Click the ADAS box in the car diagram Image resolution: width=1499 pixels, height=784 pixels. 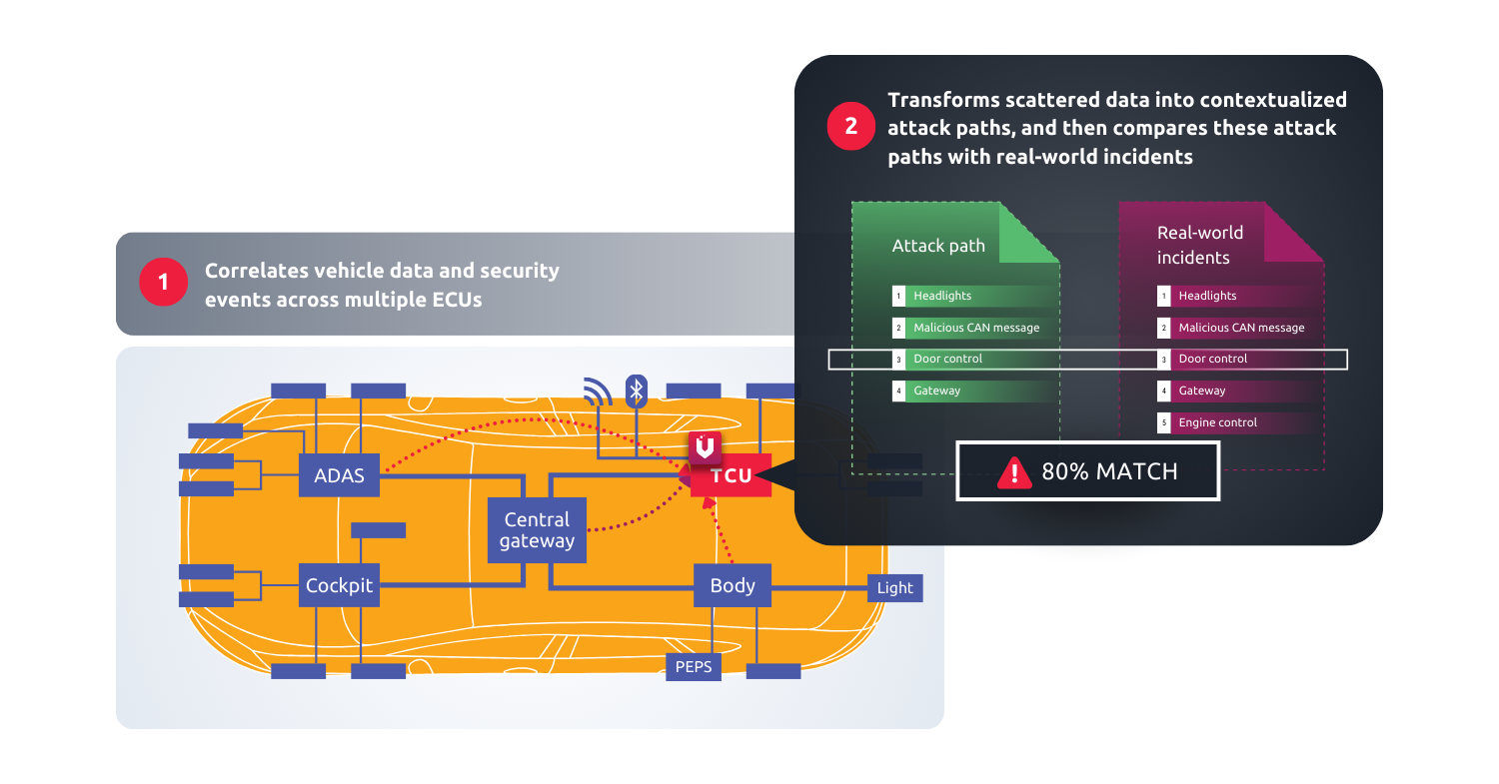[x=339, y=475]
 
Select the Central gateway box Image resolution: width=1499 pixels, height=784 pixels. [x=537, y=530]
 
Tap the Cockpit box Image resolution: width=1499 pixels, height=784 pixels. [x=339, y=585]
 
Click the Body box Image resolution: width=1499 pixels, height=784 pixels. [x=732, y=585]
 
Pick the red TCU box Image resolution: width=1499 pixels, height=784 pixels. [x=732, y=475]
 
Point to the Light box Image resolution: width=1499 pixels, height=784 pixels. [x=894, y=587]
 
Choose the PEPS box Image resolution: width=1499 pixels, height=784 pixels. [x=694, y=666]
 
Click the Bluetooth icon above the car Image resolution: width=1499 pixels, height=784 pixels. [x=636, y=391]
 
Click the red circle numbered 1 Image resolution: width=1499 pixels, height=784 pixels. [x=164, y=283]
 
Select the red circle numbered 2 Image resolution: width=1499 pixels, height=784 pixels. [x=850, y=127]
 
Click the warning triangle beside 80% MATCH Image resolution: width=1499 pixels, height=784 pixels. [x=1015, y=471]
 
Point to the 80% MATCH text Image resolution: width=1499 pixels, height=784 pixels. [x=1109, y=471]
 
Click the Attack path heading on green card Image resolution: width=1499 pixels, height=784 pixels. [x=938, y=246]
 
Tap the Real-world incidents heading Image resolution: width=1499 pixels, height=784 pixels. [x=1200, y=245]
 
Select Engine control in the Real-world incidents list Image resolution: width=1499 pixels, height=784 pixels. [x=1217, y=422]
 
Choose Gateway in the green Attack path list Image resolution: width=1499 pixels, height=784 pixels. [x=936, y=391]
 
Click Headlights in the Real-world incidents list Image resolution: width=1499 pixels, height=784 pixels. [x=1207, y=296]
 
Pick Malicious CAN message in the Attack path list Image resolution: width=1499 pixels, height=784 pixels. [x=975, y=328]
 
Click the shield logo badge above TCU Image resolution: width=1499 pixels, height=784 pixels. [x=705, y=447]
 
